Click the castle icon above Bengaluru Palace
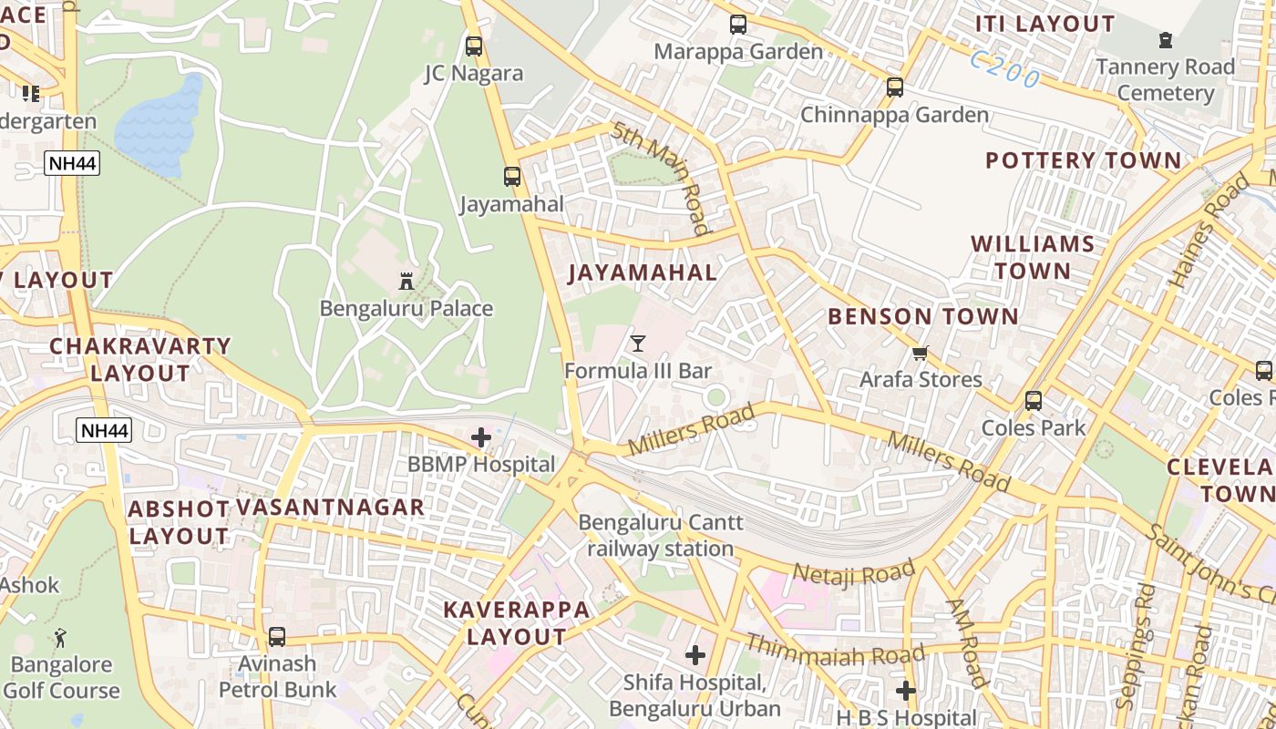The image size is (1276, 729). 407,281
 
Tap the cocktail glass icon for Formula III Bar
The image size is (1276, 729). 638,344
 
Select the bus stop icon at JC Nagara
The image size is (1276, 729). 474,46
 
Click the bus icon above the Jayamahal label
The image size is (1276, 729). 512,177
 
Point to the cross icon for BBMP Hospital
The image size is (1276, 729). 481,437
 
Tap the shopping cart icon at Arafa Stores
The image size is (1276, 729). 921,353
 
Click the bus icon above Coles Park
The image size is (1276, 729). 1034,400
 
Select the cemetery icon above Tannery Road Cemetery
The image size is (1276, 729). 1166,40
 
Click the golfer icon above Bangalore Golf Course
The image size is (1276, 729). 60,637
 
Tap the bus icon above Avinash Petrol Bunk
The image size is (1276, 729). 277,637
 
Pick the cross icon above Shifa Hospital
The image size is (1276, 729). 695,654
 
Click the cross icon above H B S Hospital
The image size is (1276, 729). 905,690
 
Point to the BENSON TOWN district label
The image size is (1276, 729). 922,316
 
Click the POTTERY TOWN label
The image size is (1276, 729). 1083,160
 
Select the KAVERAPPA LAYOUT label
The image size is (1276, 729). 517,623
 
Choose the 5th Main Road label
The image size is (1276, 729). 661,178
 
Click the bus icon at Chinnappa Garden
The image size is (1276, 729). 895,87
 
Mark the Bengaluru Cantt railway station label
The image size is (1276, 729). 661,536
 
